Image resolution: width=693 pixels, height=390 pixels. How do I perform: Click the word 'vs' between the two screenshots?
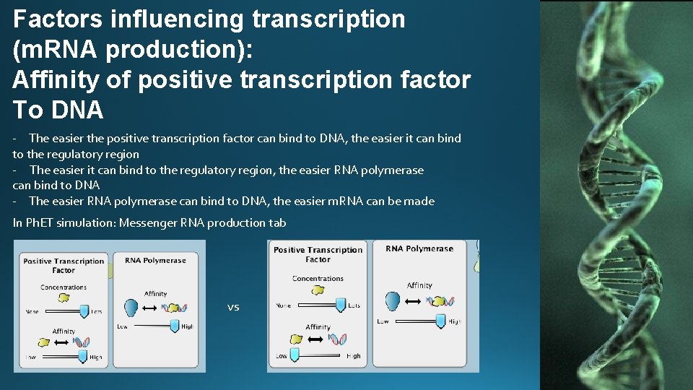(233, 307)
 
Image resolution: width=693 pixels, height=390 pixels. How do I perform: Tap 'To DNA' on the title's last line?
(58, 110)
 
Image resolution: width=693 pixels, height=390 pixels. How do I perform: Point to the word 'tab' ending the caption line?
(277, 222)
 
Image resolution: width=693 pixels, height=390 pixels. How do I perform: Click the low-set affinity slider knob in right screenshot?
(295, 355)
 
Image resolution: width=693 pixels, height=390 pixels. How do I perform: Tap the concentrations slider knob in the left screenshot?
(84, 311)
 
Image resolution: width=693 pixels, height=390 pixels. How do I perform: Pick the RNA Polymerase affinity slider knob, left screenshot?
(174, 326)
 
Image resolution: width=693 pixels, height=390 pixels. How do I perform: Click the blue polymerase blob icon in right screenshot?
(393, 301)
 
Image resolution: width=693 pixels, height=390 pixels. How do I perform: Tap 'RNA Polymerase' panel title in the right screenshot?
(419, 249)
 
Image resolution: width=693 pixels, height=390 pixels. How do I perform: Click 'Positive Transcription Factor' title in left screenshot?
(64, 266)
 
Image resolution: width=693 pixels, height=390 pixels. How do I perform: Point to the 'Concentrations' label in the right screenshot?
(318, 278)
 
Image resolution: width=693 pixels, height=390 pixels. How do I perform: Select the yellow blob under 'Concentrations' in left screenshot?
(64, 297)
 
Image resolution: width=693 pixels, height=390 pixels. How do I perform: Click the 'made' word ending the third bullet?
(420, 201)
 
